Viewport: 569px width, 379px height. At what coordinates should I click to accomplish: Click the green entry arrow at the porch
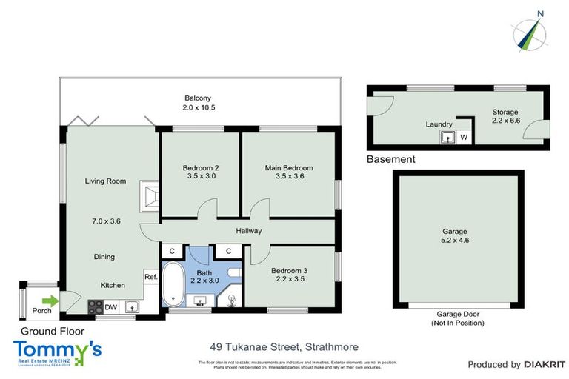click(49, 301)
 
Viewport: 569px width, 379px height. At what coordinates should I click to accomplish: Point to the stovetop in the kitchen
click(96, 306)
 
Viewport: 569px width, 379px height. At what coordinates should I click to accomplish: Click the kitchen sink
click(131, 306)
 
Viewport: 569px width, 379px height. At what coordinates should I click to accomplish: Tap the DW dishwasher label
click(110, 306)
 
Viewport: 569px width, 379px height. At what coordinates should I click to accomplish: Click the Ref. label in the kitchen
click(150, 277)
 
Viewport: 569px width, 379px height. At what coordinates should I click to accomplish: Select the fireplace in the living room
click(151, 197)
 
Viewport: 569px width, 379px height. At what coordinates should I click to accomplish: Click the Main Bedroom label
click(289, 168)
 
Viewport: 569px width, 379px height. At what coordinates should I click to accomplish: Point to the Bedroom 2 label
click(200, 168)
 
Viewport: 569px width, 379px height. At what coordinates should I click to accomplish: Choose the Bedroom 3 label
click(289, 271)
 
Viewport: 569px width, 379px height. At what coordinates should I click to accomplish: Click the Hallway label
click(249, 231)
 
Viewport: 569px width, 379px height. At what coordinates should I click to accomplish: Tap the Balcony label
click(199, 98)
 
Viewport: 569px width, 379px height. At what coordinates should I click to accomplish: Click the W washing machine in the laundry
click(464, 137)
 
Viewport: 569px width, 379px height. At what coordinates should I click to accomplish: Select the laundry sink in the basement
click(448, 137)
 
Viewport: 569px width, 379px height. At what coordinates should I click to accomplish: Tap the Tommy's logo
click(57, 351)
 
